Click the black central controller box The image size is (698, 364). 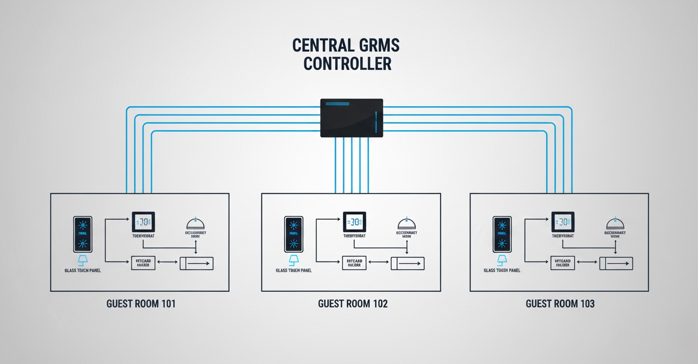[x=351, y=118]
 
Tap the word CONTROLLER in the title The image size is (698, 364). [x=347, y=64]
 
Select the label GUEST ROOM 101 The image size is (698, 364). [x=141, y=304]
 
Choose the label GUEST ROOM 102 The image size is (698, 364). [x=353, y=304]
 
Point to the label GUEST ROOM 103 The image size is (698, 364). [x=560, y=304]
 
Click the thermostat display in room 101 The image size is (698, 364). [x=143, y=222]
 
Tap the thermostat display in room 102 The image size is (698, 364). [x=354, y=222]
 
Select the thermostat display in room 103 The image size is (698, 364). [x=563, y=222]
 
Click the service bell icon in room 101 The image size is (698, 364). [x=195, y=223]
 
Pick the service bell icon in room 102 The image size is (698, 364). [x=406, y=223]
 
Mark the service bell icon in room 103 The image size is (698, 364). [x=615, y=223]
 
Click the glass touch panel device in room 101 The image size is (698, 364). [x=83, y=234]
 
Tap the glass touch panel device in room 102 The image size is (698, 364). [x=293, y=234]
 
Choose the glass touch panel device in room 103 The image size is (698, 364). [x=502, y=234]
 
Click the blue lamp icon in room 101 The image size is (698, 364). [x=83, y=260]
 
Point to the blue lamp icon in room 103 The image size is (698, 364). [x=502, y=260]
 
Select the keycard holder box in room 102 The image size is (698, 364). [x=354, y=263]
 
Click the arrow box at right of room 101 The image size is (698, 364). [x=197, y=264]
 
